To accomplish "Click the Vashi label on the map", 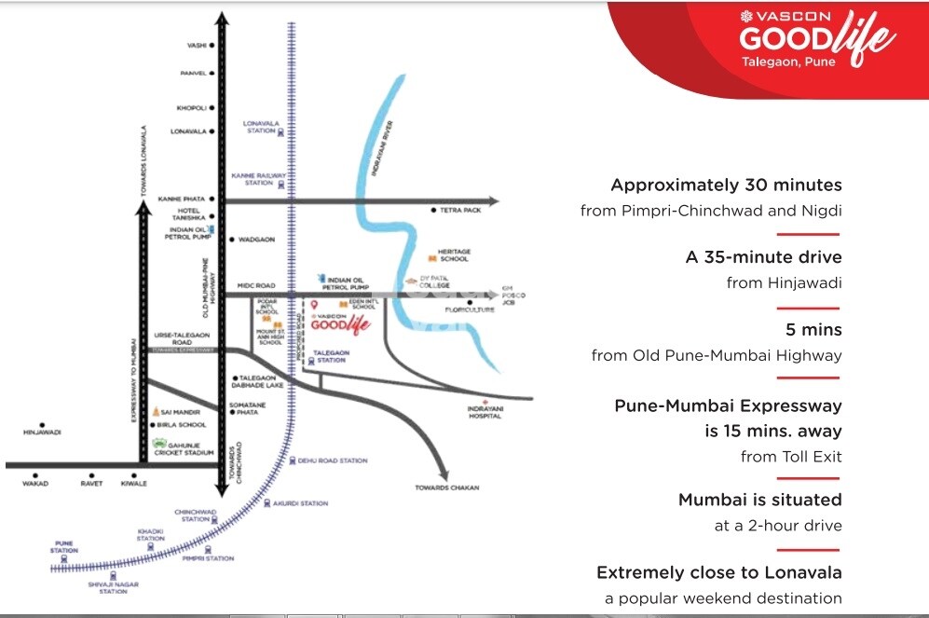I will point(196,45).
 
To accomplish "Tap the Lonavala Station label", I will point(260,127).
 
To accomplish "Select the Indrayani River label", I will point(381,148).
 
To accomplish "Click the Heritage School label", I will point(455,255).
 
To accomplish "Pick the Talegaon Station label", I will point(332,356).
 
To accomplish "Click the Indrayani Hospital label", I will point(485,412).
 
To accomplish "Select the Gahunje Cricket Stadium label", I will point(190,449).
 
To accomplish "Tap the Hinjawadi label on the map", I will point(42,433).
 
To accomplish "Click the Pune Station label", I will point(64,546).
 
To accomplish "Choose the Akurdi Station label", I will point(301,503).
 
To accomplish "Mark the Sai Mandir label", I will point(181,411).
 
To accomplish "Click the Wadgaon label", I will point(256,239).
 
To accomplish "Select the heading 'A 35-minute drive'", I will point(763,257).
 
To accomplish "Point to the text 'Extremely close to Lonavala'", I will point(719,572).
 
